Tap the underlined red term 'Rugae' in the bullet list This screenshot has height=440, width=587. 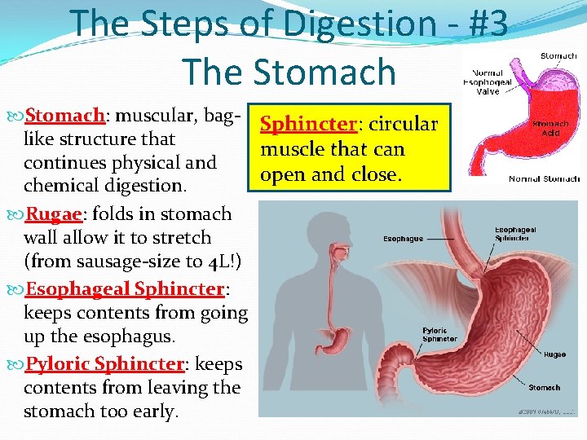click(53, 215)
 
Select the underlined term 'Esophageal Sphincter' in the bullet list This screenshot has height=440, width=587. click(125, 289)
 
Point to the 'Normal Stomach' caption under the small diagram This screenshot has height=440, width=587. click(544, 178)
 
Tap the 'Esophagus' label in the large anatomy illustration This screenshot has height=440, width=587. click(403, 240)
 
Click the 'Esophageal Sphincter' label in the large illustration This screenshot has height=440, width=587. click(515, 235)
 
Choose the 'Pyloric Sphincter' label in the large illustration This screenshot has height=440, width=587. click(439, 335)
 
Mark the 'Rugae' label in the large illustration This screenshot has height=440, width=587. click(554, 354)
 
